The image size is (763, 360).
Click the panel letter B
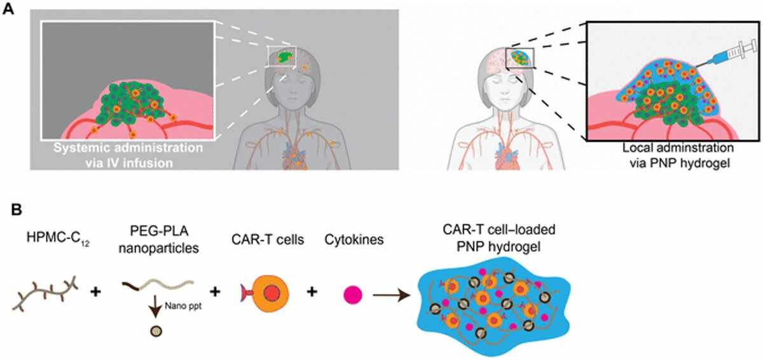[17, 210]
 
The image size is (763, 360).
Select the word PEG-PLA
[159, 232]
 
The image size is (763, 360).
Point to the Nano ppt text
[183, 306]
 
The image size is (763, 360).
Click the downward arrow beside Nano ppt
[156, 306]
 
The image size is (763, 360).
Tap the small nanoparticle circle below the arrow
[156, 331]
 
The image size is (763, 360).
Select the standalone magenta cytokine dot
[352, 294]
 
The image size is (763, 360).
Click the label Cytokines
[354, 239]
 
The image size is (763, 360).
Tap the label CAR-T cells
[268, 239]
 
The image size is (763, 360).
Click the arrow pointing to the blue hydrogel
[392, 295]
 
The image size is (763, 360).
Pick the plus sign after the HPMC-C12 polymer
[96, 291]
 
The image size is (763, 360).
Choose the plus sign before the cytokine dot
[312, 291]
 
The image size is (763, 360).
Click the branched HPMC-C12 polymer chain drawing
[45, 293]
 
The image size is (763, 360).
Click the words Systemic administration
[128, 148]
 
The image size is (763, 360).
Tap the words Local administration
[678, 148]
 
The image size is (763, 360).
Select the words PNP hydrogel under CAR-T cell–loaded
[498, 247]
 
